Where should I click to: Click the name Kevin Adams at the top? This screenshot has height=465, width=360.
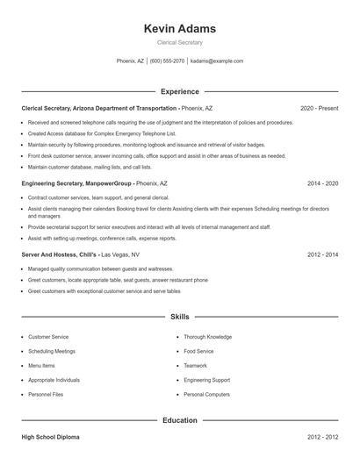pos(179,29)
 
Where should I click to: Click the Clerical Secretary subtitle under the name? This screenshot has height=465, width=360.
pos(179,42)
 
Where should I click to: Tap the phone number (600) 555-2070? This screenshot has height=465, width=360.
pos(167,61)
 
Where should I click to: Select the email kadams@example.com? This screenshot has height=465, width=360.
pos(217,61)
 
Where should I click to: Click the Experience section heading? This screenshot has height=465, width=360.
pos(179,91)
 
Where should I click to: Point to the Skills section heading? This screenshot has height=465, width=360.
pos(179,316)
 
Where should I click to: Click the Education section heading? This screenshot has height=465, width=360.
pos(179,420)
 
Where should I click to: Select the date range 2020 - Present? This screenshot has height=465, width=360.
pos(319,108)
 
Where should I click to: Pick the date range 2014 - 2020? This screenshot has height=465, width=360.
pos(322,184)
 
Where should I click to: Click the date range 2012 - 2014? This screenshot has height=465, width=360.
pos(322,254)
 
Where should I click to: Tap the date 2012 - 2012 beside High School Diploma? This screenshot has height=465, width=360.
pos(322,436)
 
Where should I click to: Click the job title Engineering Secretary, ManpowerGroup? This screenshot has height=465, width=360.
pos(77,184)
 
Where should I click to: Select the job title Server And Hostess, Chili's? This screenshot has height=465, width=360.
pos(60,254)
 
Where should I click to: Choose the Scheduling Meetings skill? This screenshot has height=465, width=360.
pos(52,351)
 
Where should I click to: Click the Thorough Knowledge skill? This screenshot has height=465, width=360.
pos(207,337)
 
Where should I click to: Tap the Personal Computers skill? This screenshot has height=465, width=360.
pos(206,394)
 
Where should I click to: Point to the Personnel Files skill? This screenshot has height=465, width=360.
pos(46,394)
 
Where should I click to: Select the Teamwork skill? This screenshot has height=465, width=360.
pos(195,365)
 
